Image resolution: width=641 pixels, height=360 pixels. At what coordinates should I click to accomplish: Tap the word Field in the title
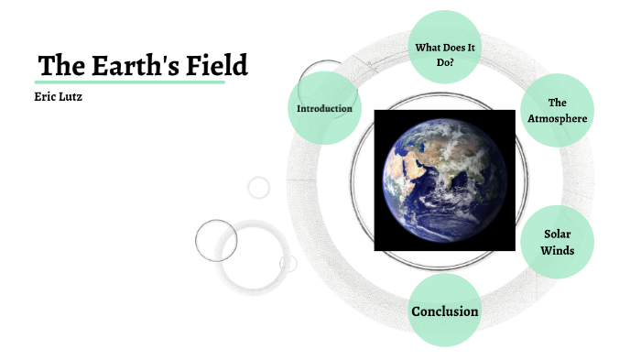[216, 66]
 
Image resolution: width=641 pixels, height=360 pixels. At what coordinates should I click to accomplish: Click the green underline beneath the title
[129, 82]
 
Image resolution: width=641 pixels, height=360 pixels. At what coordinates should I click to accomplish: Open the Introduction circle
[324, 108]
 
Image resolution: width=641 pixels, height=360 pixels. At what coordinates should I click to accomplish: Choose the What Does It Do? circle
[444, 47]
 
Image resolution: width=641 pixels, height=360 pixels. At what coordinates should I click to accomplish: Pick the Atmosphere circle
[558, 110]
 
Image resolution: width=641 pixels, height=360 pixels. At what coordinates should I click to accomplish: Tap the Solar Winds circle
[558, 242]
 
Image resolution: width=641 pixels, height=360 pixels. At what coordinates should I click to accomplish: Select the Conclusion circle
[444, 311]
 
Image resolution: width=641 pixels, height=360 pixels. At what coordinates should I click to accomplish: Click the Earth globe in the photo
[444, 180]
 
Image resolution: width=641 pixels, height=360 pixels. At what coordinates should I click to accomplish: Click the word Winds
[558, 250]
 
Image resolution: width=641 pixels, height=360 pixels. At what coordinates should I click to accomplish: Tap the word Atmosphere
[558, 118]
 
